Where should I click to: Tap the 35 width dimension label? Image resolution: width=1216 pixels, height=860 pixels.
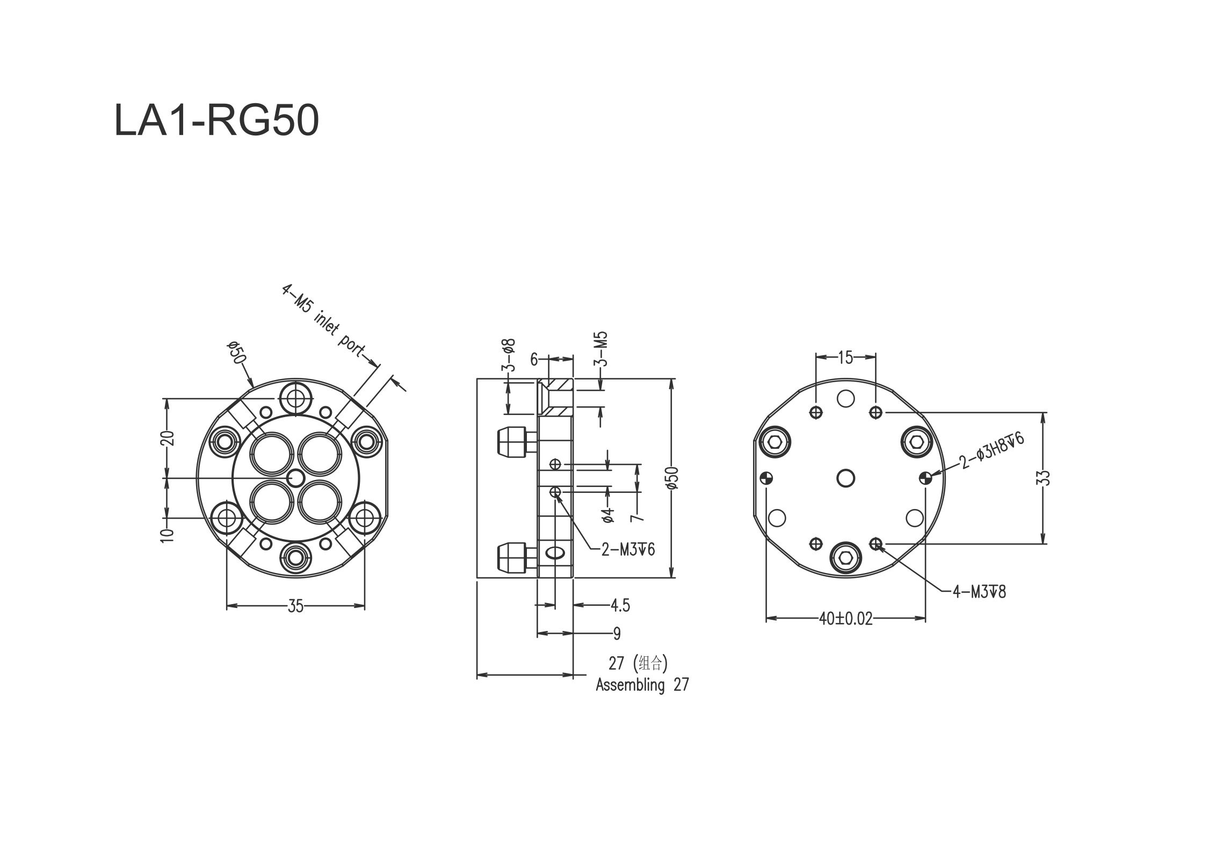[295, 606]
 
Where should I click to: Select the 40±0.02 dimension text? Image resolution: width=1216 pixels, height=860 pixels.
[846, 619]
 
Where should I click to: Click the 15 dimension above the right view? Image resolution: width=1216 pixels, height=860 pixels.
[845, 357]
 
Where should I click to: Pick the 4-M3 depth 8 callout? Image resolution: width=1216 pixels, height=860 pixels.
[979, 592]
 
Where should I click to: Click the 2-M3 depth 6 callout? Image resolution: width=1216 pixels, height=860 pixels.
[628, 549]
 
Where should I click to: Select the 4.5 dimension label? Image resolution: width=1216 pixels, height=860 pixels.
[620, 606]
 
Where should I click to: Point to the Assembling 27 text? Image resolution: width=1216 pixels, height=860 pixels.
[642, 685]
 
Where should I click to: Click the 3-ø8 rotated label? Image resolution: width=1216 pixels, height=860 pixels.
[509, 355]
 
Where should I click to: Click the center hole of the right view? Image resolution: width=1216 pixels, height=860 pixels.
[846, 477]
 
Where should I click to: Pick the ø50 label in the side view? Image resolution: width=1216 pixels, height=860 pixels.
[673, 477]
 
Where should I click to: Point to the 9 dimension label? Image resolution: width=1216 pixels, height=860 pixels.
[617, 634]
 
